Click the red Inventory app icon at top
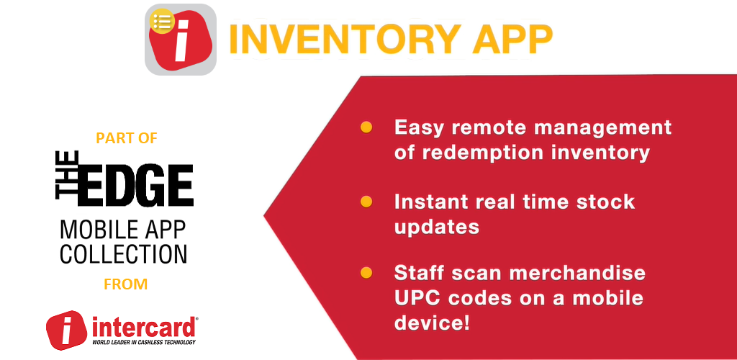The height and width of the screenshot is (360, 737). [x=181, y=40]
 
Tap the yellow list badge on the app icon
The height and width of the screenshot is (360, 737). [x=162, y=21]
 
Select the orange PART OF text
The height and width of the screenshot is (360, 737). [x=127, y=138]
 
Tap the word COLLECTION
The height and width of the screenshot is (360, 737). [x=124, y=253]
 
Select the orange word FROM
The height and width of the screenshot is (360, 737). [x=126, y=284]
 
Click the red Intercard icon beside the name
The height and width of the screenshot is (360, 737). [x=66, y=330]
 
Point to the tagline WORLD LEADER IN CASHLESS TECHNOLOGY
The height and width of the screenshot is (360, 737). [x=144, y=342]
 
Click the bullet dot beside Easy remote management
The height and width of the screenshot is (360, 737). [x=366, y=127]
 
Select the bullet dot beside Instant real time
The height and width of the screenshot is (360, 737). [x=366, y=202]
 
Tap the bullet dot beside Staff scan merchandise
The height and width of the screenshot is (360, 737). [x=366, y=273]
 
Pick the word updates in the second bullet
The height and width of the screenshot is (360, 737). [x=437, y=228]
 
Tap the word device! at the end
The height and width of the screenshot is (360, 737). [x=432, y=323]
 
